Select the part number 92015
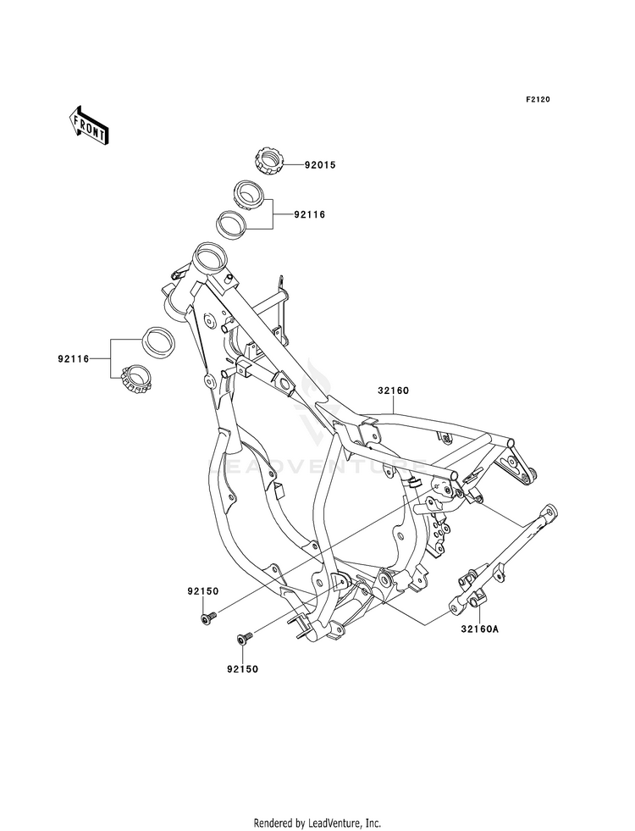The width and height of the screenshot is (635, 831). [321, 165]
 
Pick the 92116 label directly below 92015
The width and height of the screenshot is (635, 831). [310, 215]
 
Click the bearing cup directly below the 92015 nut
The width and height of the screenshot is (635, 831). [247, 195]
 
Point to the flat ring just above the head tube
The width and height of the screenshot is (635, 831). [232, 224]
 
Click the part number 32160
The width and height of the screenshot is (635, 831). [394, 391]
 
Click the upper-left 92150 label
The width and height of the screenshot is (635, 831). [203, 590]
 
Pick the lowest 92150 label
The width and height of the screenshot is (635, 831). [240, 668]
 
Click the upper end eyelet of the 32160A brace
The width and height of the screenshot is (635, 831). [550, 512]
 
